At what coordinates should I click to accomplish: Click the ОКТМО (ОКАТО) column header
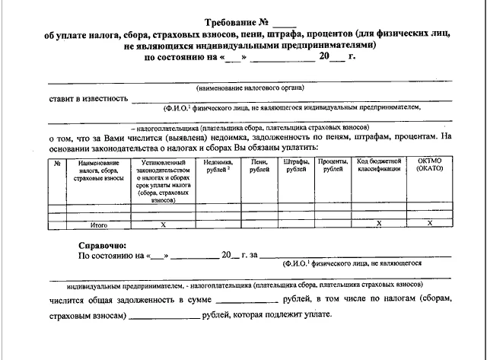[x=429, y=166]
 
